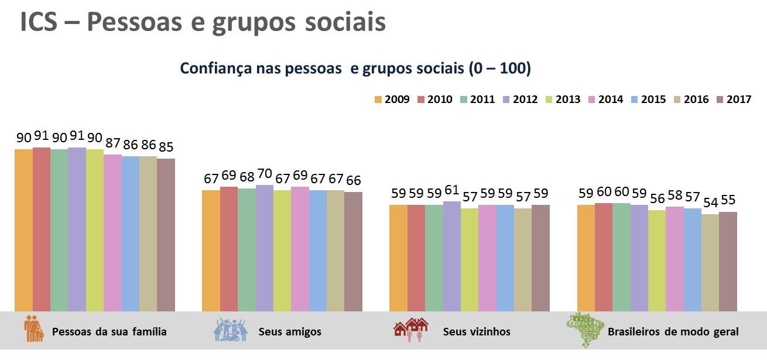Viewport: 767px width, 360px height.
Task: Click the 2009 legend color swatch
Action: click(378, 100)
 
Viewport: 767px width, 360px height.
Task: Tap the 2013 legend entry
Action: click(562, 100)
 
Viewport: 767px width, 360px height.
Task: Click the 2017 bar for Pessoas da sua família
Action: click(166, 234)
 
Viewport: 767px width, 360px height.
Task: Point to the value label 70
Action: click(265, 173)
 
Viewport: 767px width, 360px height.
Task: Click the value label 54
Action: click(710, 203)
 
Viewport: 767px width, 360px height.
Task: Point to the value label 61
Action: click(452, 190)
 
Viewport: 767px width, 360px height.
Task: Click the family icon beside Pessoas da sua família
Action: click(34, 330)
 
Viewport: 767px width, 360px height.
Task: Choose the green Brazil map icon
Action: click(583, 330)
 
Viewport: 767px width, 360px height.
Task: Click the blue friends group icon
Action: click(230, 330)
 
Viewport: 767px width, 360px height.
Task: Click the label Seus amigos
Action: click(290, 332)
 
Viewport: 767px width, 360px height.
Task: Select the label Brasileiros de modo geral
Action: click(673, 332)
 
